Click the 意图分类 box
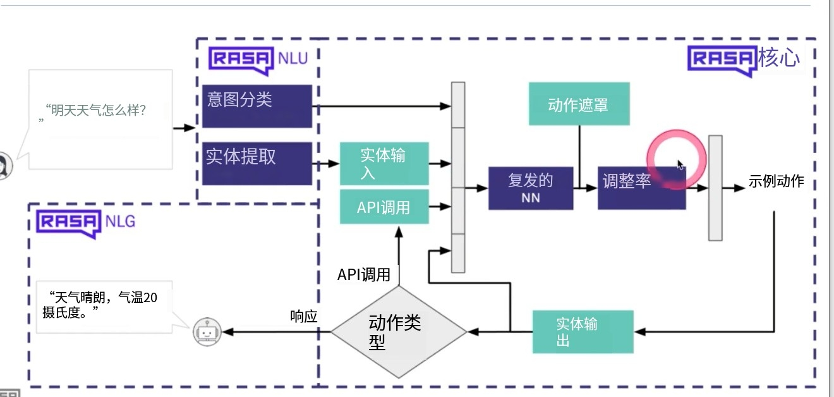pos(257,106)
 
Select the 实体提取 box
pos(257,163)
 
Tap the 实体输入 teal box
pos(384,164)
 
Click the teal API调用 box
pos(384,207)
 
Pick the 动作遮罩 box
pos(579,104)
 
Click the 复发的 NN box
pos(531,188)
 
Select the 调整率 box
pos(641,188)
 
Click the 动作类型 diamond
pos(399,332)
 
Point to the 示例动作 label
pos(777,181)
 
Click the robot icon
pos(208,331)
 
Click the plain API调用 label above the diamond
pos(363,274)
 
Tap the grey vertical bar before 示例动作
pos(715,188)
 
